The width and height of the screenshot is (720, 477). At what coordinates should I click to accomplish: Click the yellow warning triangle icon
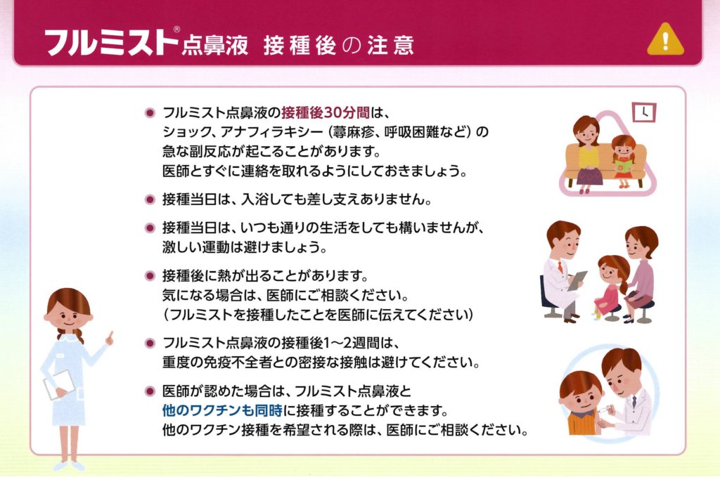click(665, 40)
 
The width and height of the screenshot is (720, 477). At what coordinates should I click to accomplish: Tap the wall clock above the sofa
click(644, 112)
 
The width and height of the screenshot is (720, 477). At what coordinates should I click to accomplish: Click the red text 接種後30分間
click(325, 112)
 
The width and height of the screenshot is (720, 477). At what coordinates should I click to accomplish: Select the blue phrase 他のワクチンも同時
click(222, 410)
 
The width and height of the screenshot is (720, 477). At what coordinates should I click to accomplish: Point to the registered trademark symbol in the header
click(176, 30)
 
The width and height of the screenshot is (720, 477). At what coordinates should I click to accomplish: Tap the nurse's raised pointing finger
click(110, 338)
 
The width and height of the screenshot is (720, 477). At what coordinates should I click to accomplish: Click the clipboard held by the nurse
click(58, 384)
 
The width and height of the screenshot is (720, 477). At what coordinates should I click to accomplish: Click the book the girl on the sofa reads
click(623, 166)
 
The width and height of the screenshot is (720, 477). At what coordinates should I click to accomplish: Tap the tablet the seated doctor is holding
click(577, 280)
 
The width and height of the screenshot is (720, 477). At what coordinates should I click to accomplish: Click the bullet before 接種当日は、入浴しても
click(150, 200)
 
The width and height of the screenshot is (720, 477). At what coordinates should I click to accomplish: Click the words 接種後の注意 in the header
click(339, 46)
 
